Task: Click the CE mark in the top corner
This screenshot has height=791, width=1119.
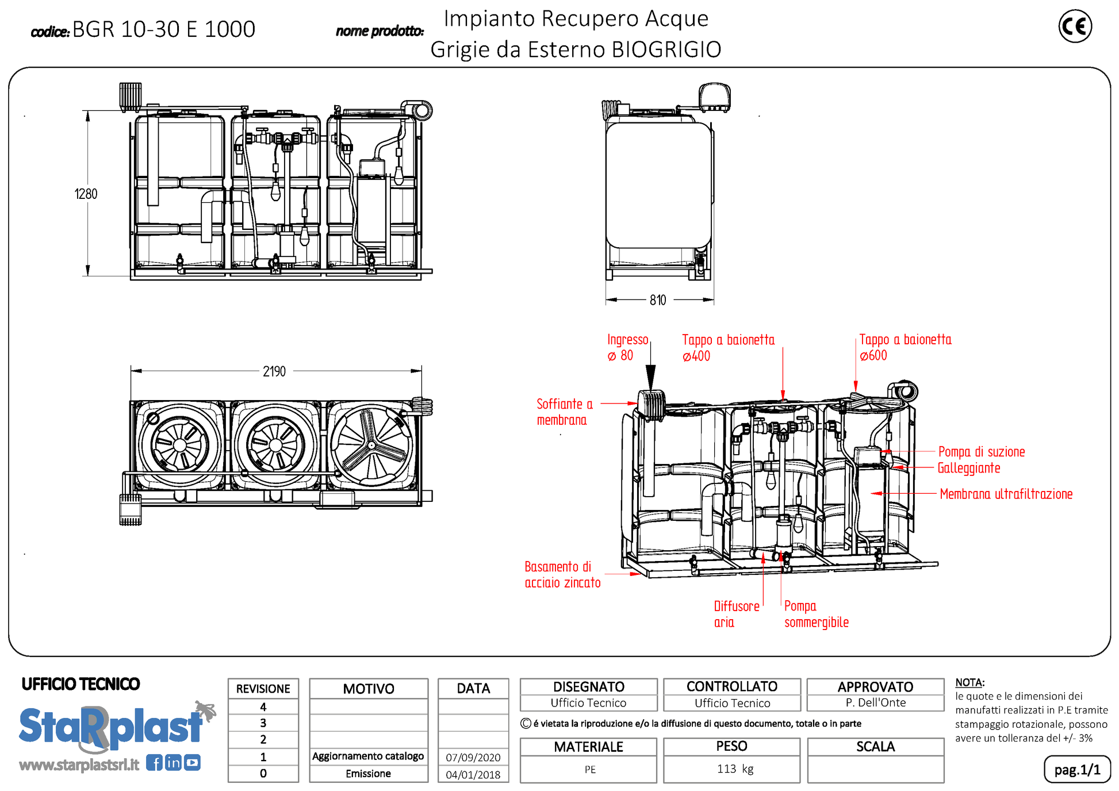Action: tap(1075, 26)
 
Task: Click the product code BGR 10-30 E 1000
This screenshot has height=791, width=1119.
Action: tap(163, 29)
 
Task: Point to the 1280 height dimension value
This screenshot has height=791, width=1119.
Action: tap(86, 194)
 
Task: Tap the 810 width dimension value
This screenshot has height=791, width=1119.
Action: tap(658, 300)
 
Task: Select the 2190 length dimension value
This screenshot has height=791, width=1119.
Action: tap(274, 371)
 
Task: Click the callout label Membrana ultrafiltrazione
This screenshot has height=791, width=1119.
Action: tap(1006, 494)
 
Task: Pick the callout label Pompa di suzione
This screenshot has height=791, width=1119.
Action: tap(981, 452)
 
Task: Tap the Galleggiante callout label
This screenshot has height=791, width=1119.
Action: tap(969, 468)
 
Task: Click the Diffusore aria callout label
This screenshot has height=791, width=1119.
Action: tap(736, 614)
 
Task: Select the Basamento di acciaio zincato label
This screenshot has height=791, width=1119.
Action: tap(562, 575)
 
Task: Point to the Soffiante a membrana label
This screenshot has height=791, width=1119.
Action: tap(564, 412)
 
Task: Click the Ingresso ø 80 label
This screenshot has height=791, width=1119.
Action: tap(627, 348)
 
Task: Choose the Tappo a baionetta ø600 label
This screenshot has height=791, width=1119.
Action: tap(905, 348)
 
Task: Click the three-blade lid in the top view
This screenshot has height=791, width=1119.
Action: tap(372, 445)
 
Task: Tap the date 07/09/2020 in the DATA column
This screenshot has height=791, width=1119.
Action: tap(473, 758)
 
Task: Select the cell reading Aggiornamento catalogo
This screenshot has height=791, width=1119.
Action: tap(368, 757)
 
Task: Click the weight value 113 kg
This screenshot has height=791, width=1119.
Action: tap(735, 769)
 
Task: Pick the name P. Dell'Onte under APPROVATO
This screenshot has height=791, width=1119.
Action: tap(875, 702)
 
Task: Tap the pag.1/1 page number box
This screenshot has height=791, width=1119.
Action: tap(1076, 770)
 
